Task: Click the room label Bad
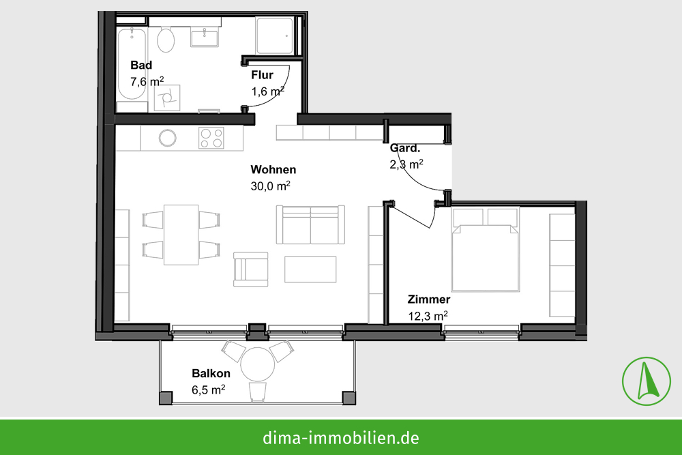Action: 141,65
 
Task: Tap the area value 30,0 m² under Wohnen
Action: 271,186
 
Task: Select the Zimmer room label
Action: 429,299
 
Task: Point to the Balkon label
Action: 211,373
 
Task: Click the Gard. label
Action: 405,148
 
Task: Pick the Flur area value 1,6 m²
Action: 268,91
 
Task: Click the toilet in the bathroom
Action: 166,39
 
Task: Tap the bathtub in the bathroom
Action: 132,63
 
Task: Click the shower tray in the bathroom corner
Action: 275,35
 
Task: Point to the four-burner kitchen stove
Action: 211,138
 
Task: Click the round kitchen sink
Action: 168,138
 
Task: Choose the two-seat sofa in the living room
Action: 310,224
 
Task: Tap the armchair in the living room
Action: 250,269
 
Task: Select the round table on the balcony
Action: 258,364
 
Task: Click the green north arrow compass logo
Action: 647,381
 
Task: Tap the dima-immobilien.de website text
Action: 341,437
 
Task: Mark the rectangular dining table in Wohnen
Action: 181,235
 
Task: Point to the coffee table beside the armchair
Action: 310,269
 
